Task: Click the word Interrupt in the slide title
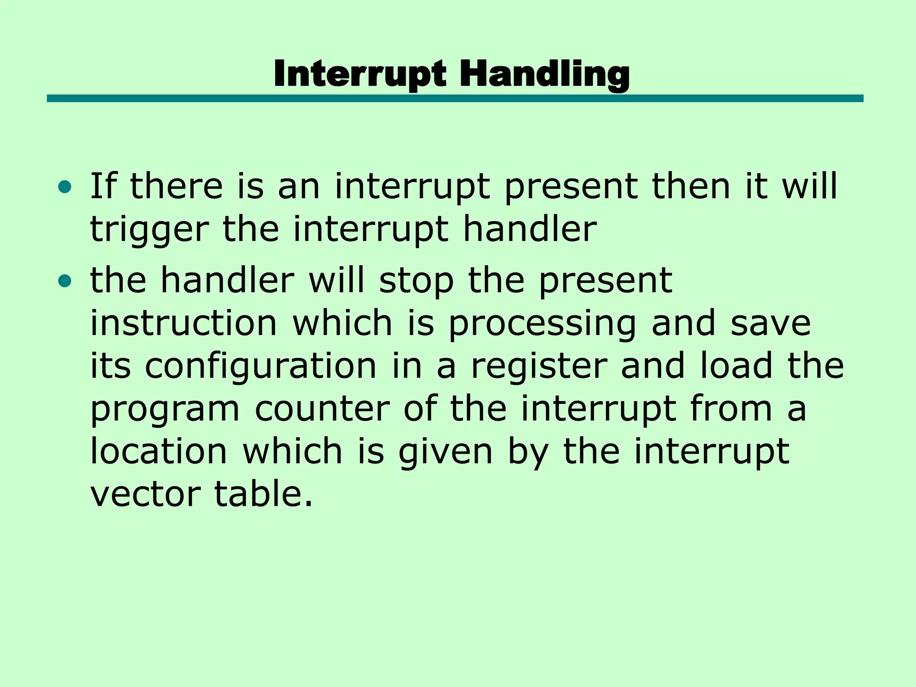pyautogui.click(x=360, y=74)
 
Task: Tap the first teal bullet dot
pyautogui.click(x=64, y=187)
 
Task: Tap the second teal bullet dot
pyautogui.click(x=64, y=281)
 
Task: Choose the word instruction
pyautogui.click(x=184, y=323)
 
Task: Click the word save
pyautogui.click(x=770, y=323)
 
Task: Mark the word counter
pyautogui.click(x=322, y=409)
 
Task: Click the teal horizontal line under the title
pyautogui.click(x=455, y=98)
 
